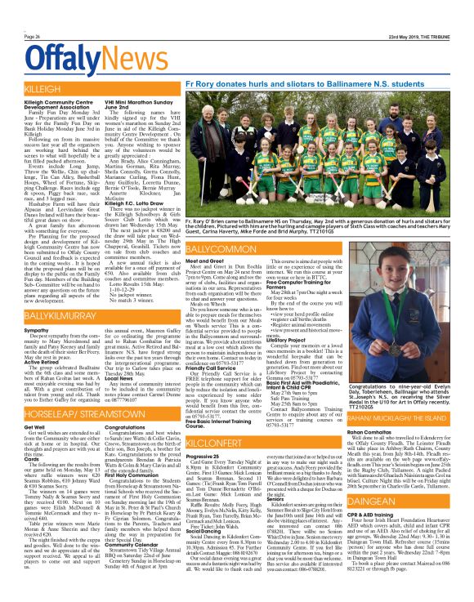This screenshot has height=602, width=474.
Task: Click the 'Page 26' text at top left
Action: pos(34,37)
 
